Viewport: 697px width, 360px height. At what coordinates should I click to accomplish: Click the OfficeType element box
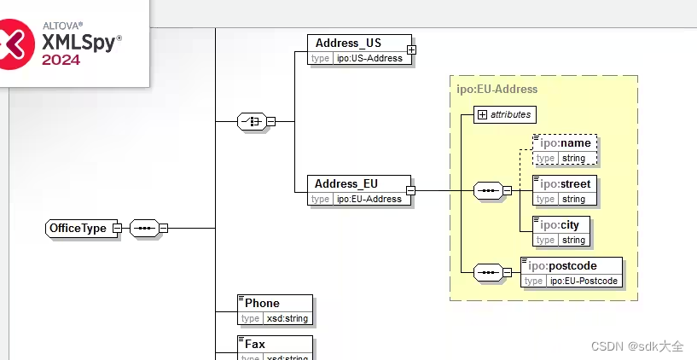coord(78,228)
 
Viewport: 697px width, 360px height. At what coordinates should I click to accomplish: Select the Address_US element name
coord(348,43)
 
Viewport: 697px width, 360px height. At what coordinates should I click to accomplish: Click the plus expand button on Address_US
coord(411,50)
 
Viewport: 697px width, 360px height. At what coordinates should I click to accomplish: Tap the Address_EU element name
coord(346,183)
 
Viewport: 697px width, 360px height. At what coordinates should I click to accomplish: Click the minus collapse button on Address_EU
coord(410,191)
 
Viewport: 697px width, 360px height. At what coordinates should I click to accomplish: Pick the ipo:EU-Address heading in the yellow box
coord(497,89)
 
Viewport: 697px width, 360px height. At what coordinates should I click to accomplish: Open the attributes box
coord(505,113)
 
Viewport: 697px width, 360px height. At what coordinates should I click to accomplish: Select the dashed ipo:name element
coord(565,143)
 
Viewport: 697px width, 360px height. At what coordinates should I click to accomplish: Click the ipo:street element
coord(565,183)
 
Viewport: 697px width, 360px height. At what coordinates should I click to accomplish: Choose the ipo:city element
coord(560,224)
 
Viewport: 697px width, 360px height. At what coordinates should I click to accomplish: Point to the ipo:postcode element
coord(572,265)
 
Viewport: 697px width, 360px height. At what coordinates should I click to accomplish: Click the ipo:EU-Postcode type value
coord(584,281)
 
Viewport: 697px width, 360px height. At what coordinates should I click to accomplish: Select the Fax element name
coord(255,344)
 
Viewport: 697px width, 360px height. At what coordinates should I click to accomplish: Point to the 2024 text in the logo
coord(61,60)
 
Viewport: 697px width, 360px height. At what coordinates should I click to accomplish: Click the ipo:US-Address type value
coord(368,58)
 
